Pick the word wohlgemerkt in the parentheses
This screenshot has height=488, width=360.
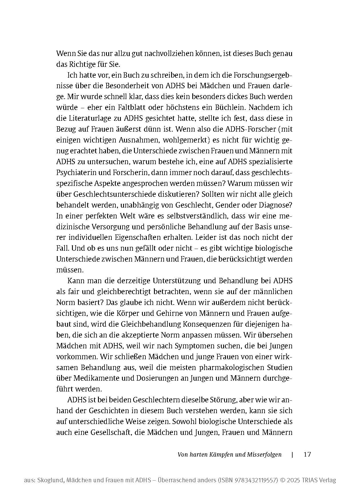click(180, 140)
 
